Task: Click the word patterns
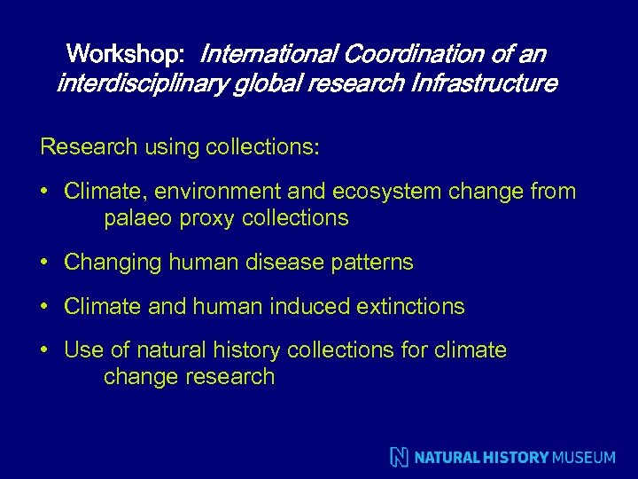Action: pos(374,263)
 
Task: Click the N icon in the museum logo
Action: pos(400,457)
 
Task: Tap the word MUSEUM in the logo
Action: pos(583,458)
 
